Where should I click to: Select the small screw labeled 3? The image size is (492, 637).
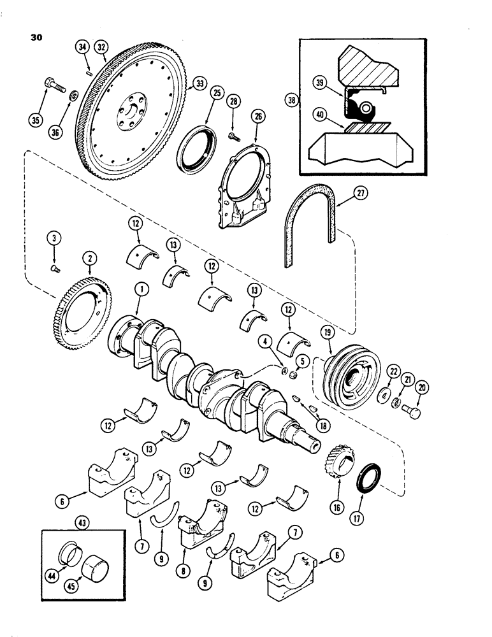(54, 269)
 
